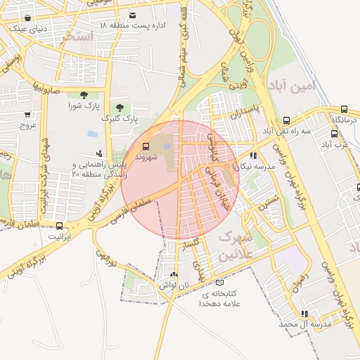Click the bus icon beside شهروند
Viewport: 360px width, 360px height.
[x=146, y=146]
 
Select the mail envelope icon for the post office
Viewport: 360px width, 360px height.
[x=132, y=15]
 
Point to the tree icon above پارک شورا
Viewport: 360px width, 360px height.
[x=84, y=94]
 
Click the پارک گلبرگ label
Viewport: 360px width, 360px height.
[x=121, y=120]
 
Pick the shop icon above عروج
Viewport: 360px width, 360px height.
[x=27, y=115]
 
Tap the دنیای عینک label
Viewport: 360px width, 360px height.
[x=27, y=28]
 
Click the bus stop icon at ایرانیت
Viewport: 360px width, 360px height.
[x=59, y=226]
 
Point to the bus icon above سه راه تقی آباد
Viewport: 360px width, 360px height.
[x=286, y=120]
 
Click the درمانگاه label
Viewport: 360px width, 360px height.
[x=345, y=120]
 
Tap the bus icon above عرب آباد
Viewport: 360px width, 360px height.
[x=334, y=134]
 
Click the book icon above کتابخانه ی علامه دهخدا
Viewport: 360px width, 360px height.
[x=220, y=283]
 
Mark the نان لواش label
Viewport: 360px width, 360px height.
[x=174, y=285]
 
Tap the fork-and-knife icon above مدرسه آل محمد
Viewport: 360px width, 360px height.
[x=304, y=314]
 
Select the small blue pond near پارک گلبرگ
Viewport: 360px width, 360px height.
[x=92, y=133]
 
